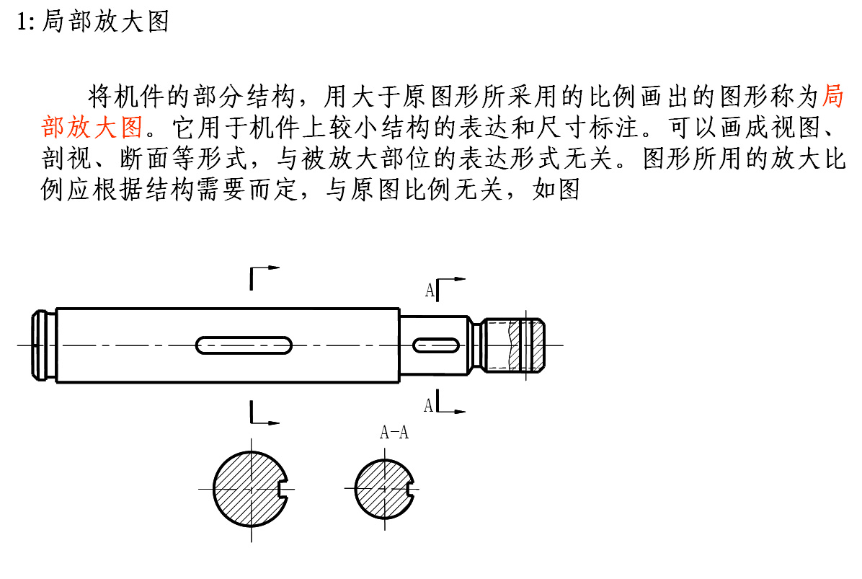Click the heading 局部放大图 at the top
point(105,22)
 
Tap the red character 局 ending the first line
point(833,96)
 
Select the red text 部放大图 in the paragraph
point(92,127)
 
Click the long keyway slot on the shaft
point(244,345)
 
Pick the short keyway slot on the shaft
point(436,345)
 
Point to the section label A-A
point(394,432)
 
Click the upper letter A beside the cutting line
point(430,290)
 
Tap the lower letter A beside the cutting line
point(429,406)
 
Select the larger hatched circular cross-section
point(250,489)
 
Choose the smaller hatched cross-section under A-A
point(384,489)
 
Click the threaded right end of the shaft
point(513,345)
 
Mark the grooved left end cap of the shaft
point(43,345)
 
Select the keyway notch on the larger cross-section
point(284,489)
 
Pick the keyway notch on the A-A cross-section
point(410,489)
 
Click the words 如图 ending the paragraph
point(556,189)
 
